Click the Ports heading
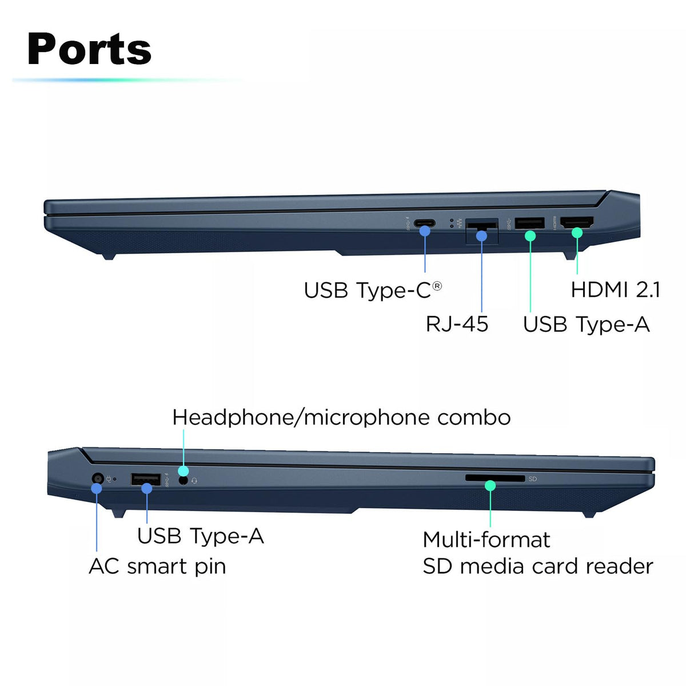pos(89,49)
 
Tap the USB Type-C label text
pos(367,290)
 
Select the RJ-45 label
pos(457,324)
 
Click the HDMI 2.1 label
pos(615,290)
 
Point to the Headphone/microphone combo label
pos(341,417)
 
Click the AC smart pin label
pos(157,567)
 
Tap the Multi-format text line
pos(486,540)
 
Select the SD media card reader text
pos(537,567)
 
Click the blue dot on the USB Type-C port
pos(425,231)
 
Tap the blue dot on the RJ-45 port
pos(482,236)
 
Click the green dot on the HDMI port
pos(577,233)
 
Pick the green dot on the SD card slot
pos(490,486)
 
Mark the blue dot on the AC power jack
pos(97,488)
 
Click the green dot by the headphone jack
pos(183,471)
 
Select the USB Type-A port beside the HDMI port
pos(529,222)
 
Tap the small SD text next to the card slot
pos(533,479)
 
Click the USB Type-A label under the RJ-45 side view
pos(586,325)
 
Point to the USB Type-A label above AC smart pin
pos(200,536)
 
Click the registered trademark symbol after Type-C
pos(437,285)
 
